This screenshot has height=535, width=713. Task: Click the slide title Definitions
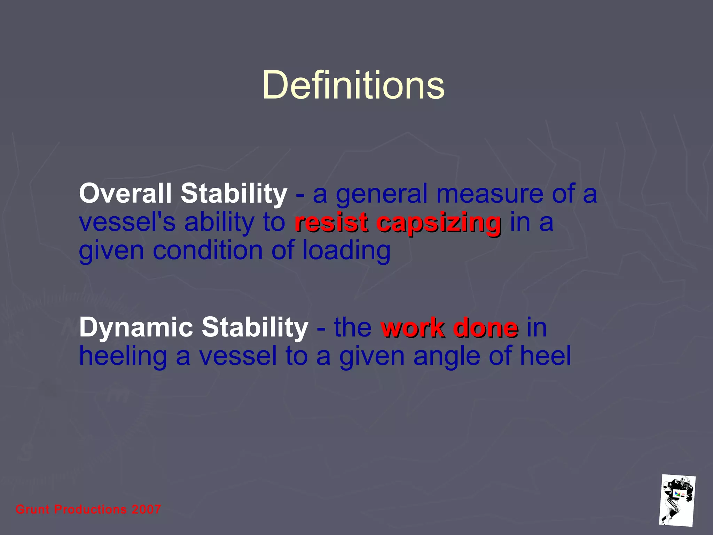pos(353,85)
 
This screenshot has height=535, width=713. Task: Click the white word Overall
pos(125,194)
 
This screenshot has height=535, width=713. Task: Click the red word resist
pos(331,223)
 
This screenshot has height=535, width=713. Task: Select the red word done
pos(485,328)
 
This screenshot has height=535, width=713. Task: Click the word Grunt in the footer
pos(32,510)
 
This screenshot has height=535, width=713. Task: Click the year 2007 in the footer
pos(146,510)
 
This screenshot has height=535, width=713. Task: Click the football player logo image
pos(677,500)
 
